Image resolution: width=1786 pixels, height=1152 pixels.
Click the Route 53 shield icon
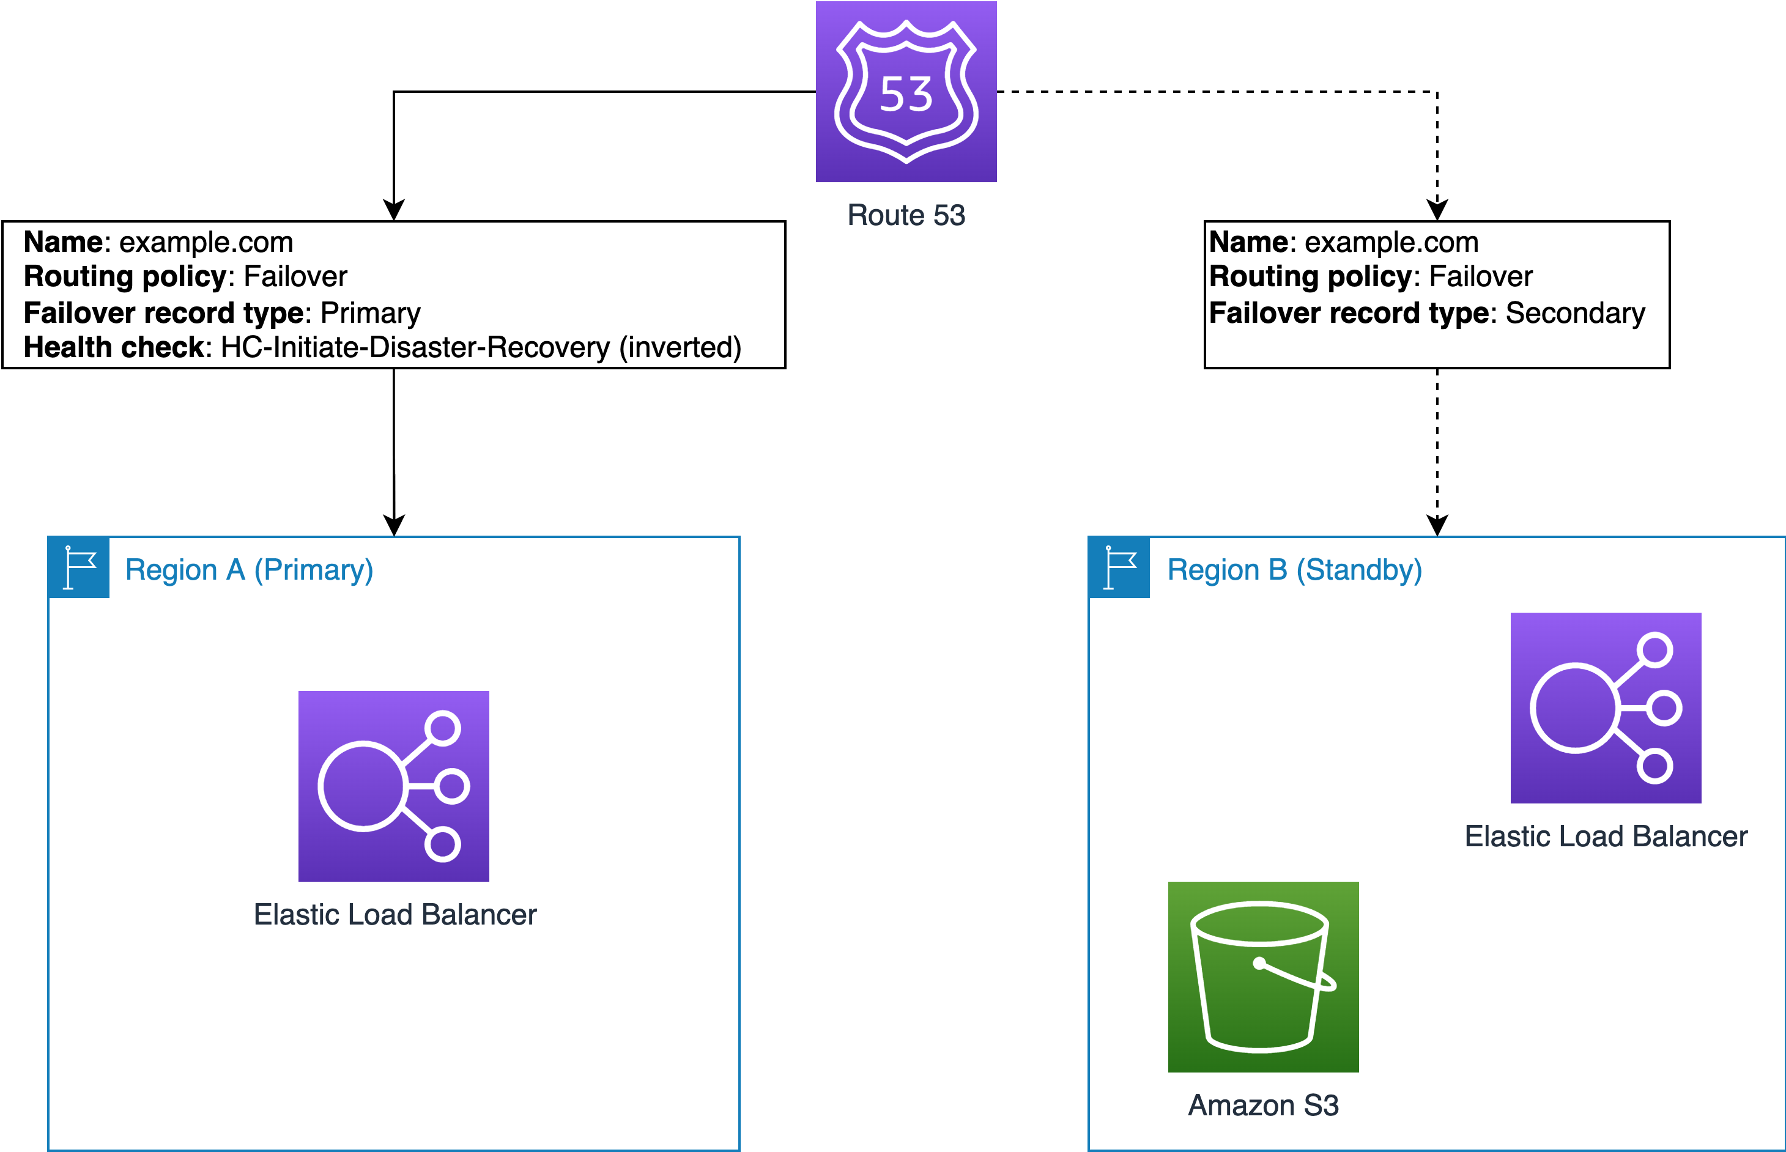(905, 91)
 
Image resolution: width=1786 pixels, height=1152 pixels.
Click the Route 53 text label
(905, 215)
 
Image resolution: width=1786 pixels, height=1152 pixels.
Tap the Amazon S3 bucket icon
(1262, 977)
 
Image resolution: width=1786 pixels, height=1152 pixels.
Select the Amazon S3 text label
(1262, 1105)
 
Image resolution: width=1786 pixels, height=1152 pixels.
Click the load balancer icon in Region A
(393, 786)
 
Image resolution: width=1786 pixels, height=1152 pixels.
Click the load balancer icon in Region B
(1605, 707)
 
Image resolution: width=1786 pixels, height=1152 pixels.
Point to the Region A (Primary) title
(248, 570)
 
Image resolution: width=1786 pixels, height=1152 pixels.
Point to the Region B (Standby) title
(1294, 570)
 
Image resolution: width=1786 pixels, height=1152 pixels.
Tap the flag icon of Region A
(78, 567)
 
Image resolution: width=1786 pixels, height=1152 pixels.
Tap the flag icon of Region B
(1119, 567)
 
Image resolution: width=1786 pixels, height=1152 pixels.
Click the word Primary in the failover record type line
(371, 312)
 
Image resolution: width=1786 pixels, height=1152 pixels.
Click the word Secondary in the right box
(1574, 312)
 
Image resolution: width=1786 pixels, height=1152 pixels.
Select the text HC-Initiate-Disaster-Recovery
(415, 348)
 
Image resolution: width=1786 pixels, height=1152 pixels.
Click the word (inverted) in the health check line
(680, 348)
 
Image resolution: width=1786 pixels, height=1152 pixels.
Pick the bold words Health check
(114, 348)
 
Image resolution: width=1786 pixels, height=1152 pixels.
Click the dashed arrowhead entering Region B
(1437, 525)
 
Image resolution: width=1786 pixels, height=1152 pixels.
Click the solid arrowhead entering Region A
(393, 525)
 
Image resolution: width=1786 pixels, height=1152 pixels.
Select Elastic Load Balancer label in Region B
(1605, 836)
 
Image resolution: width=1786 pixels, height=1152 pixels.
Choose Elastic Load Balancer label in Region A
(395, 914)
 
